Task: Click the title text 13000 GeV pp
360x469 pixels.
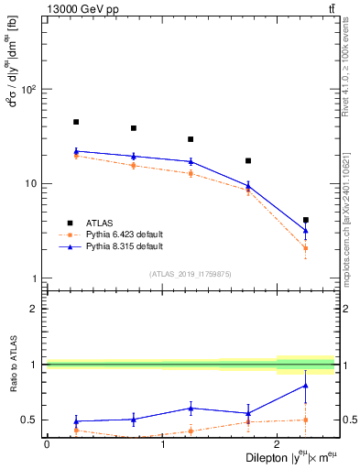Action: coord(77,8)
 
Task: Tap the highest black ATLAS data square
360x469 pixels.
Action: coord(76,122)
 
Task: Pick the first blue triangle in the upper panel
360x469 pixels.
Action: coord(76,151)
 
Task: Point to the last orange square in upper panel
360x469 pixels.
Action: coord(306,248)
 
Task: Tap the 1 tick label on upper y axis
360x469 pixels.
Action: coord(31,278)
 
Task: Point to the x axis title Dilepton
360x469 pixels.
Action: coord(267,456)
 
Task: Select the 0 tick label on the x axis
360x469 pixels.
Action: coord(47,444)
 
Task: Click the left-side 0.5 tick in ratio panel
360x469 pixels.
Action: coord(27,420)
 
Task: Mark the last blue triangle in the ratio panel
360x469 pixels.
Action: coord(306,386)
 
